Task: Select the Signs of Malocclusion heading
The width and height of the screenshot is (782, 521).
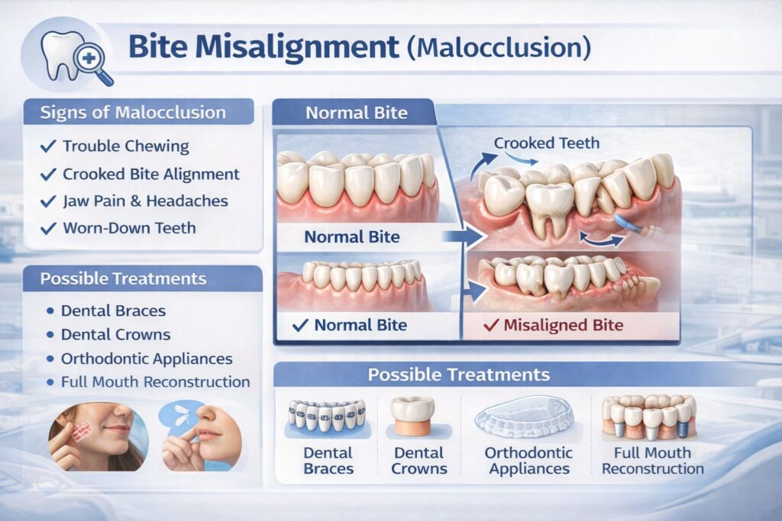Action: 134,113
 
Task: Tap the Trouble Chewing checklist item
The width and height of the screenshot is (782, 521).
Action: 125,146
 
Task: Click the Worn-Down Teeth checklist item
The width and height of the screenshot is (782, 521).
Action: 128,228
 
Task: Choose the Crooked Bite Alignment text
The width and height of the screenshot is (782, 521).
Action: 150,174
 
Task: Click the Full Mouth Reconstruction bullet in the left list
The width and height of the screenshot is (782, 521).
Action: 155,381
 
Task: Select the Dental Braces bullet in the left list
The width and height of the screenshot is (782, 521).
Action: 114,310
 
